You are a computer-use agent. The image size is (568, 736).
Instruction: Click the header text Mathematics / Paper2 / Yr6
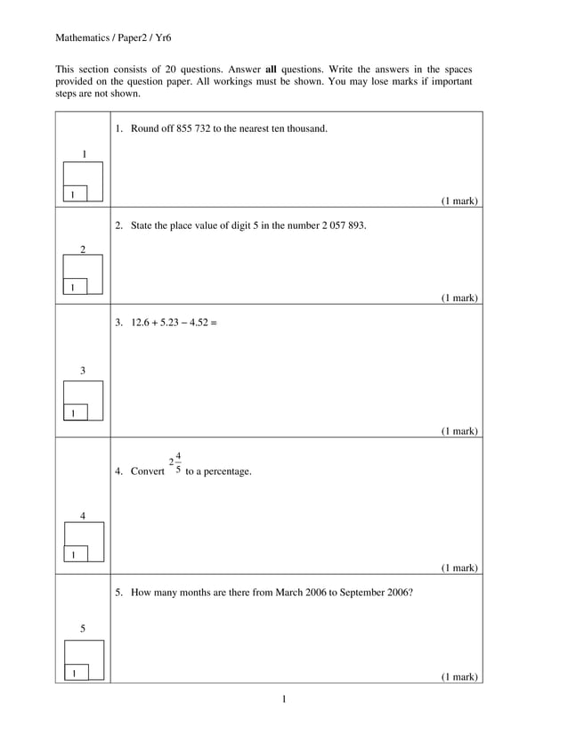(113, 37)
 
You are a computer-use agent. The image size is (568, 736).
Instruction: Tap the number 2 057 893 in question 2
(344, 225)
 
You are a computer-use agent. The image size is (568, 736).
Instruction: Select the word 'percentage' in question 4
(226, 471)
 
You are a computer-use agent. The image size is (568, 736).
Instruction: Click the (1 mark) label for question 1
(459, 201)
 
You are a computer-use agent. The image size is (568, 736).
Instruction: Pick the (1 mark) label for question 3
(459, 431)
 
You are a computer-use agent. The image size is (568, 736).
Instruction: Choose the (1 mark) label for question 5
(459, 677)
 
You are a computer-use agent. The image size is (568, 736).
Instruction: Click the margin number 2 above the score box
(83, 250)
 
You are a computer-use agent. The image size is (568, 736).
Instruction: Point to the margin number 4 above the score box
(83, 516)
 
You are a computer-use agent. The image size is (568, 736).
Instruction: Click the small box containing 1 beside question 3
(73, 413)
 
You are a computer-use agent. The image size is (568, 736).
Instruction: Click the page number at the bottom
(284, 699)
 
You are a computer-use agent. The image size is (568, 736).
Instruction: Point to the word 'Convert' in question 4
(148, 471)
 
